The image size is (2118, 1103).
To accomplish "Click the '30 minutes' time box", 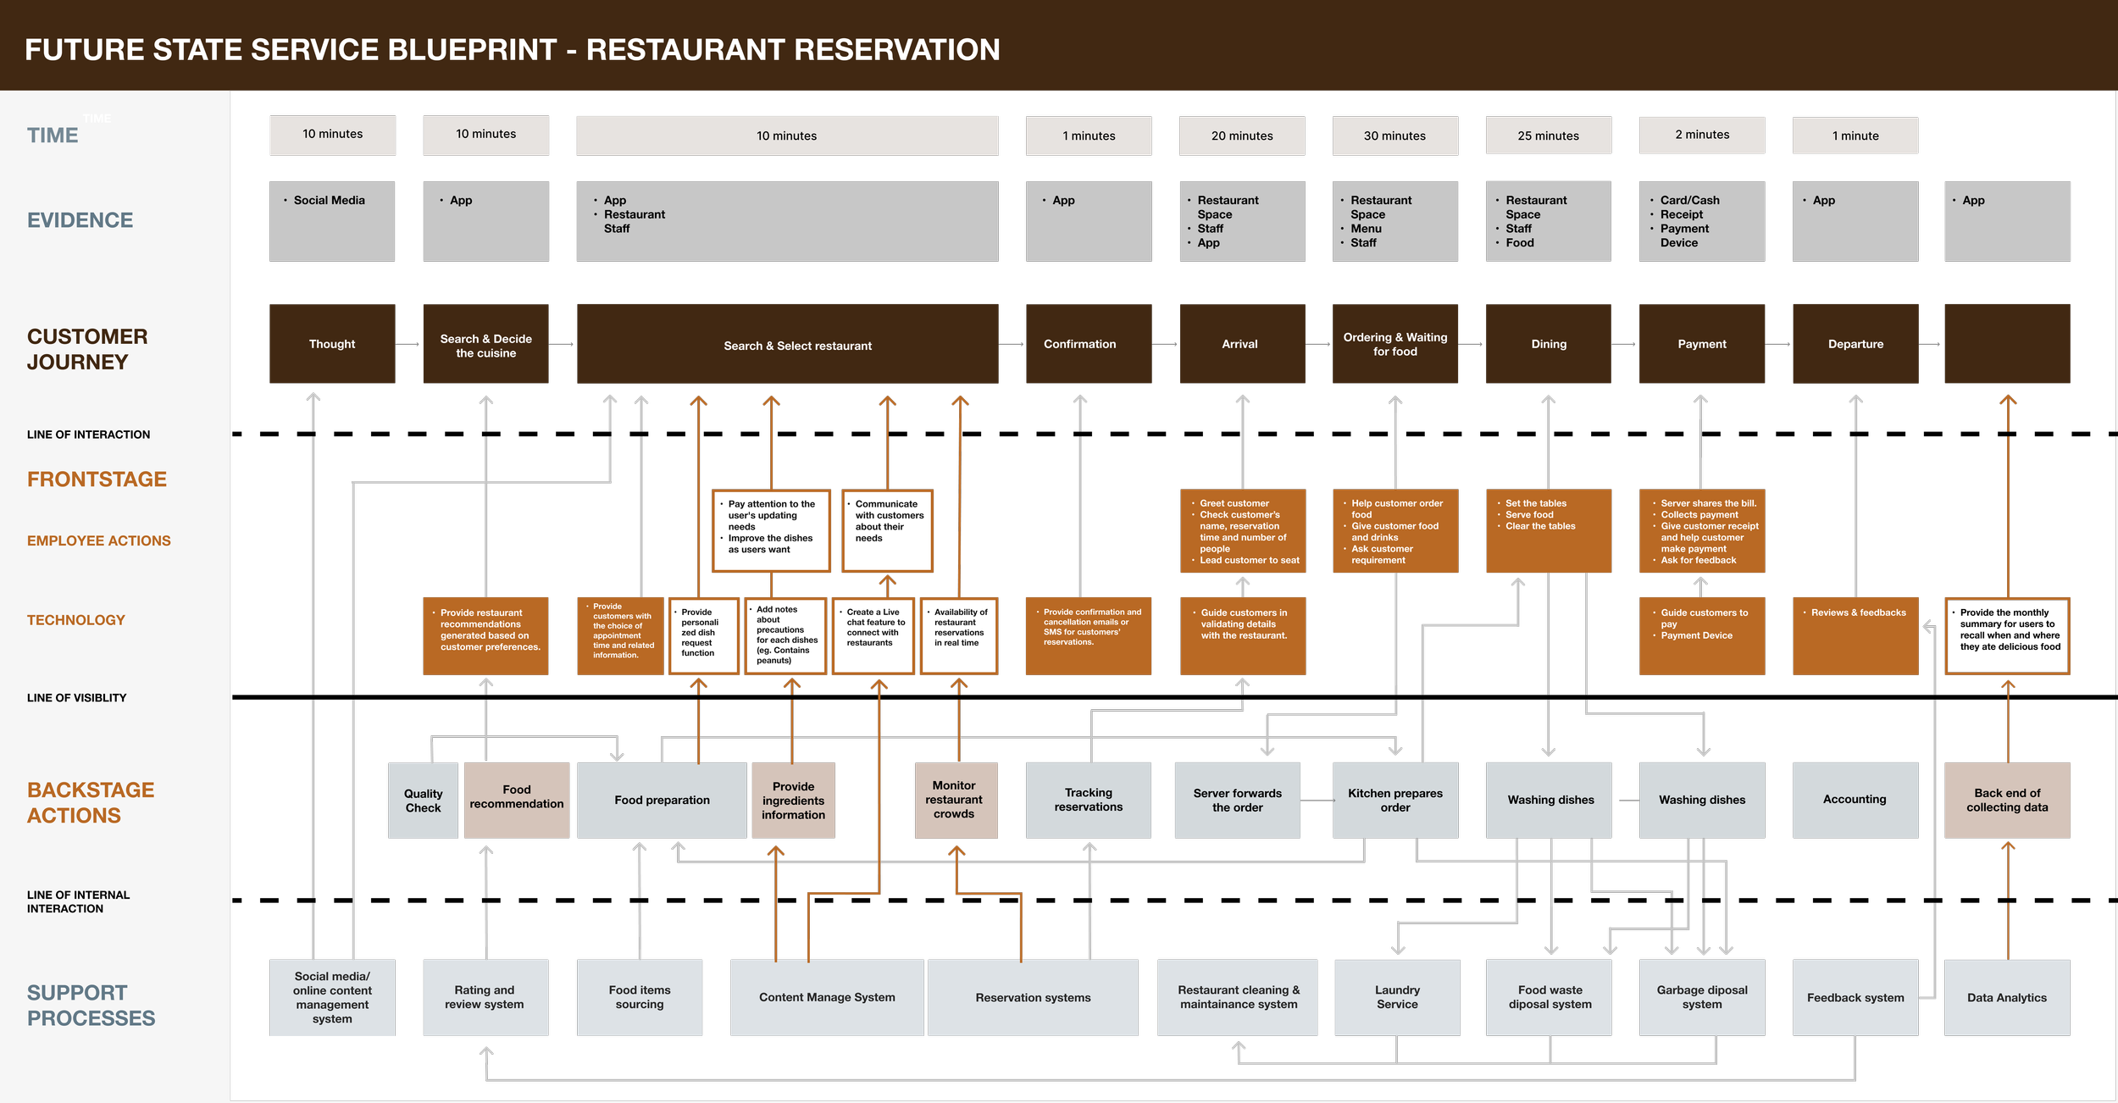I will coord(1394,136).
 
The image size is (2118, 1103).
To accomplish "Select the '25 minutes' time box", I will coord(1548,136).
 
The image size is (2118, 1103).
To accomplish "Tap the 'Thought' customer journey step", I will coord(332,344).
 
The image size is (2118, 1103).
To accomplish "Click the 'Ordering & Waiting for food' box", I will coord(1394,344).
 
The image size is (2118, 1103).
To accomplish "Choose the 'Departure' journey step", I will coord(1855,344).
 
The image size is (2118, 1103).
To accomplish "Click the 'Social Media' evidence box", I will coord(332,221).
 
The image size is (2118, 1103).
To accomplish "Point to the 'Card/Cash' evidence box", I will coord(1701,221).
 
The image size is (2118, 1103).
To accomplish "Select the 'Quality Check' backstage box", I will coord(423,801).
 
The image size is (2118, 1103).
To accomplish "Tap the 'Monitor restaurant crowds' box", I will coord(956,800).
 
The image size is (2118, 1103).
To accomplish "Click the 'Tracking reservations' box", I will coord(1088,800).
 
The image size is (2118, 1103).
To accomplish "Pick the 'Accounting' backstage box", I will coord(1855,800).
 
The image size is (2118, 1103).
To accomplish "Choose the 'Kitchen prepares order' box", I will coord(1394,800).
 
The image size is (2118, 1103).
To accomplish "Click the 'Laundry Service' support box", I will coord(1397,997).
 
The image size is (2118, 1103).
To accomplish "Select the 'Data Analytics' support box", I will coord(2006,997).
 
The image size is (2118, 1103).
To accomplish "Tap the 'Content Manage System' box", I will coord(827,997).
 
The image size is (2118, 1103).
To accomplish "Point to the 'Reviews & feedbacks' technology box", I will coord(1855,635).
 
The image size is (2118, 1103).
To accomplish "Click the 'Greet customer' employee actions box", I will coord(1243,531).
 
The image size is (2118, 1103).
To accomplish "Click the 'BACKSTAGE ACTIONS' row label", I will coord(91,802).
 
